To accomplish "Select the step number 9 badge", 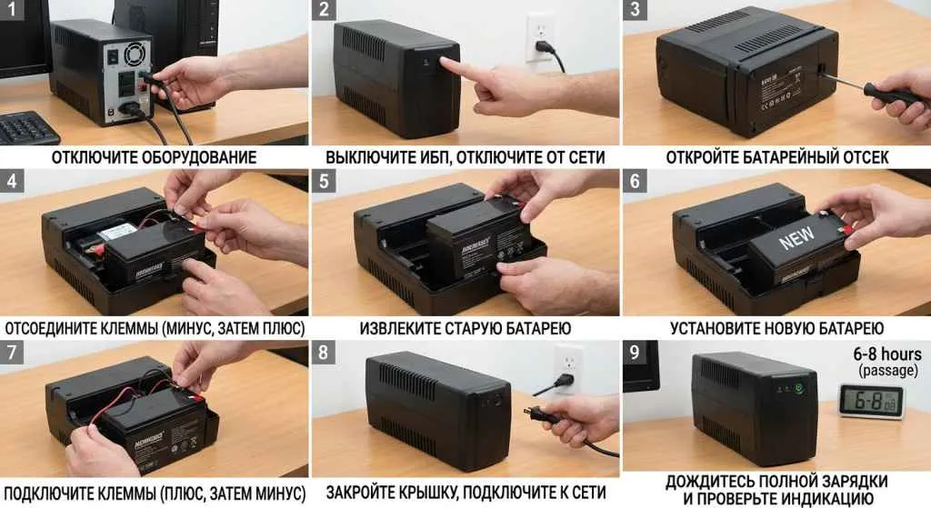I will tap(634, 351).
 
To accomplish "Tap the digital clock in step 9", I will tap(869, 401).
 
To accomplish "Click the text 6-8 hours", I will tap(886, 354).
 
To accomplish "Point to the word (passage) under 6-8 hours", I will tap(886, 371).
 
